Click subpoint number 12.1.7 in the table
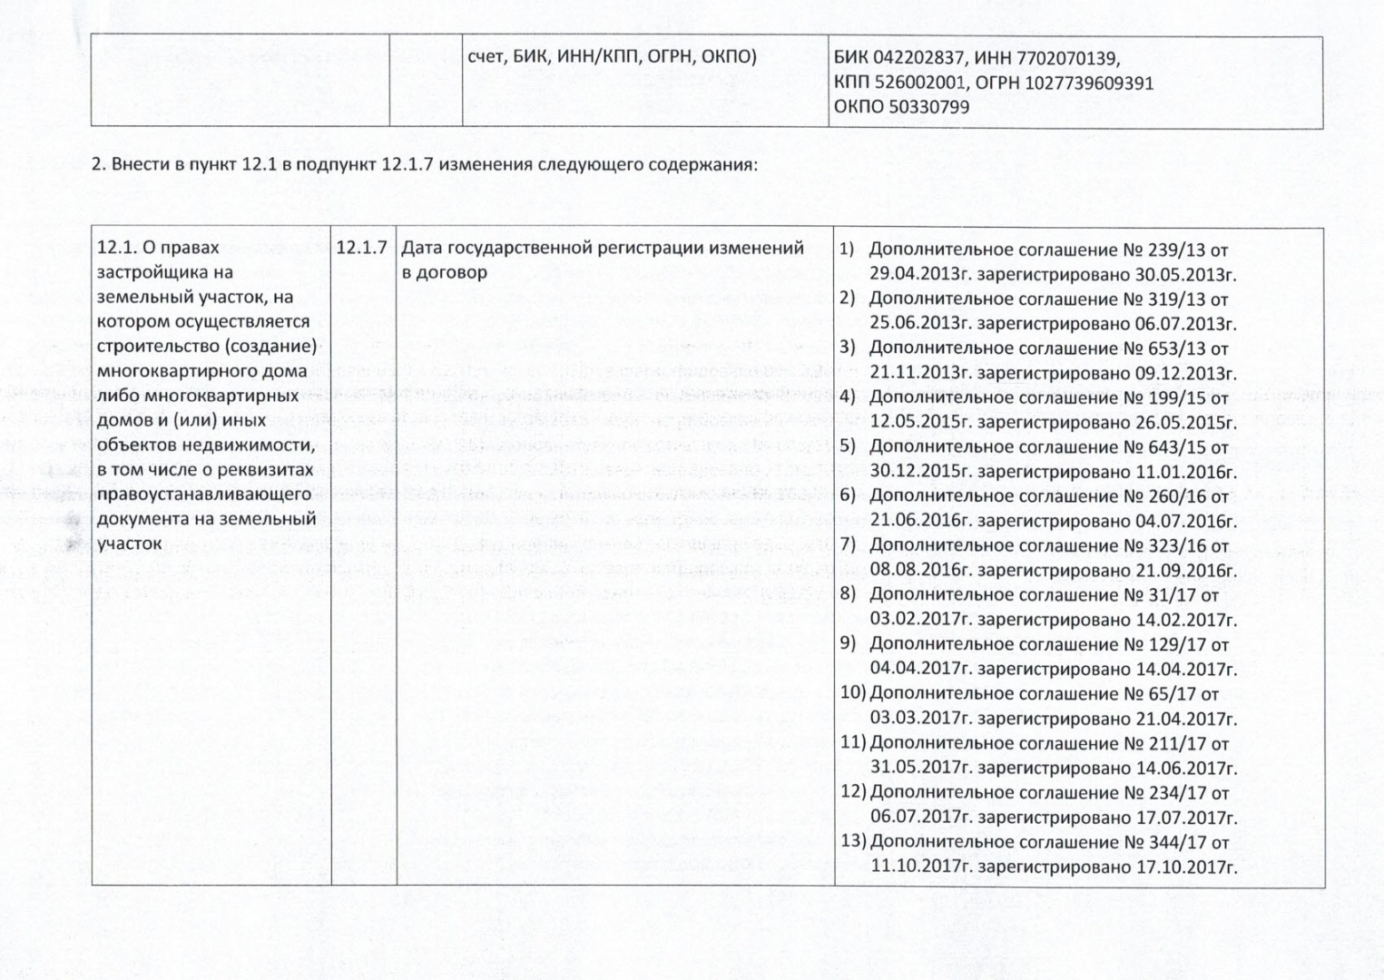(x=362, y=248)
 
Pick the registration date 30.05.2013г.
(x=1186, y=274)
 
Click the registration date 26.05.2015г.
(x=1186, y=422)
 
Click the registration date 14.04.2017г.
(x=1186, y=669)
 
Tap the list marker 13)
(x=853, y=841)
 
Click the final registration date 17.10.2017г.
(x=1186, y=866)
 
